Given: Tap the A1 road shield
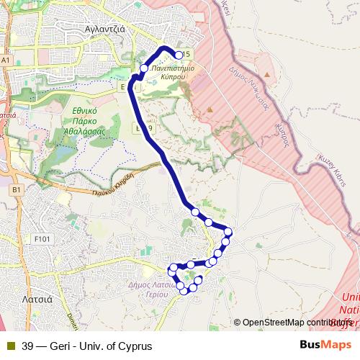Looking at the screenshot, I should [6, 61].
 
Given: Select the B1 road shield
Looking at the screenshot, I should [17, 189].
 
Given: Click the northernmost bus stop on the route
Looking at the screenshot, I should [179, 54].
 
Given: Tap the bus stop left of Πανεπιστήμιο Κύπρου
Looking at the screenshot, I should [144, 68].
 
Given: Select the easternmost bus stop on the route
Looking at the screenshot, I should [228, 231].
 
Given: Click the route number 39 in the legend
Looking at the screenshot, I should [27, 346].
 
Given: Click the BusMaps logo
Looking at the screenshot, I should [325, 345].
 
